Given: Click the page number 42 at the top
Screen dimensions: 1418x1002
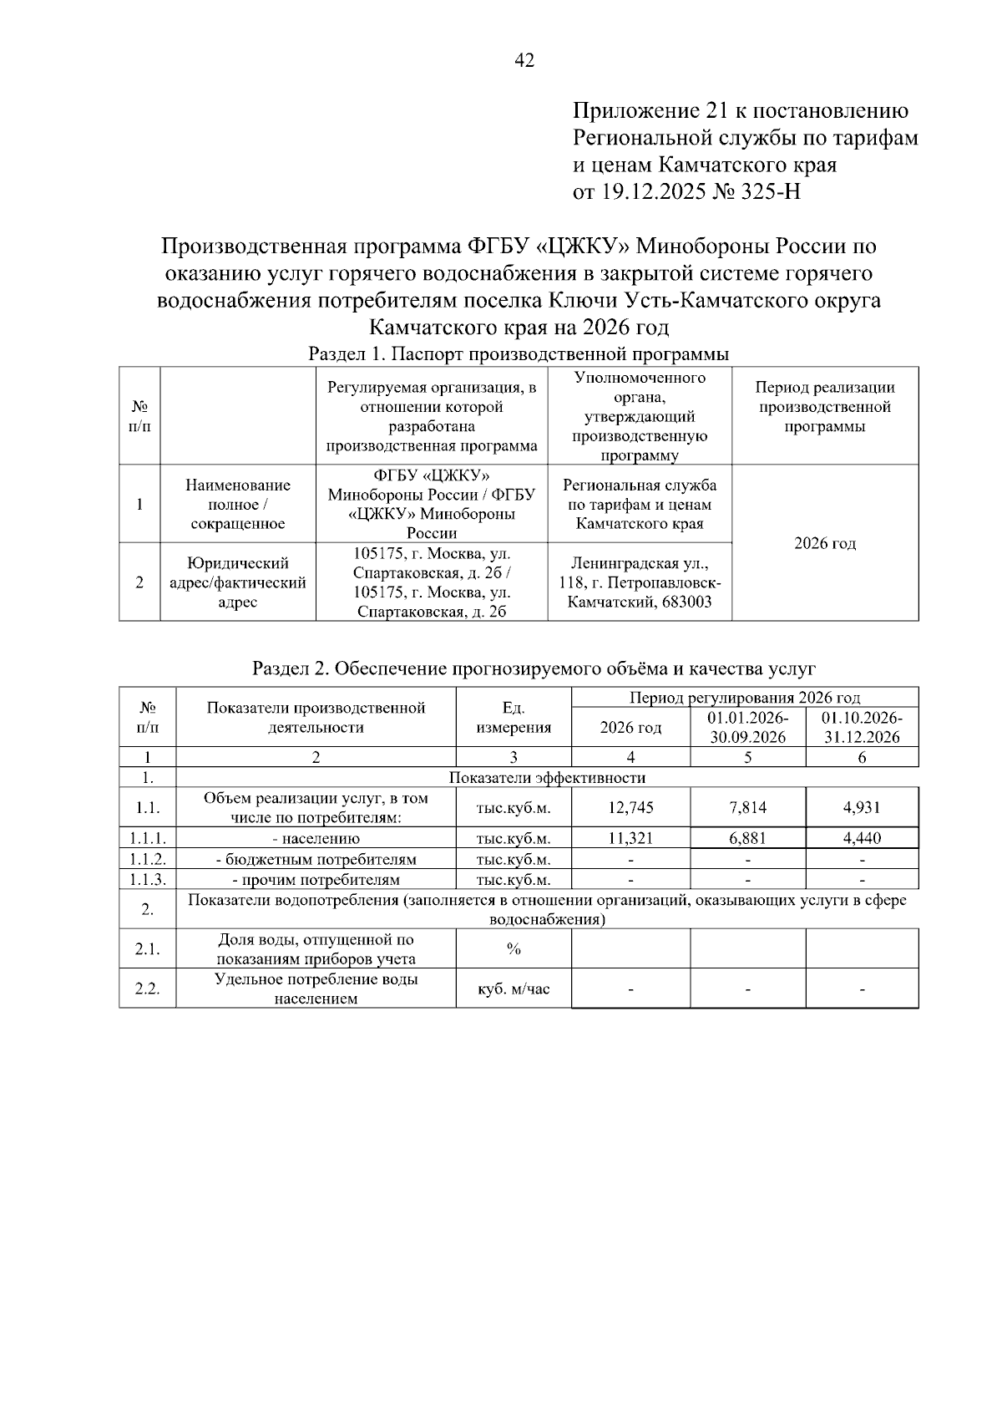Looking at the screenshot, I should [x=525, y=60].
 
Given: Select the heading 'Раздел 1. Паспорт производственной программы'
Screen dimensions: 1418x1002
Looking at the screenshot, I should [x=519, y=354].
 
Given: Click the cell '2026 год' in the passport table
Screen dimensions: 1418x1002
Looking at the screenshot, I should [x=824, y=544].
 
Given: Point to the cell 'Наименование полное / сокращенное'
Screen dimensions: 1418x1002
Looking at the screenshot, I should [x=238, y=505].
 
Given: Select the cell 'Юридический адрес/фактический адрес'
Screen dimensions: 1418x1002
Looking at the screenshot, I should [x=238, y=582].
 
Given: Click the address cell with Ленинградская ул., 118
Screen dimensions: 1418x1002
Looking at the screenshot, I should [x=640, y=582].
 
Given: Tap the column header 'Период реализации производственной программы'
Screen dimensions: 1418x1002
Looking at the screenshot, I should [x=824, y=407].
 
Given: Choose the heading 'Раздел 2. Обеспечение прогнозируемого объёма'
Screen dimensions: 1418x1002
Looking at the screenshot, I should [x=534, y=668].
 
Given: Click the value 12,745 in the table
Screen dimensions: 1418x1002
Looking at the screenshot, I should [x=630, y=808].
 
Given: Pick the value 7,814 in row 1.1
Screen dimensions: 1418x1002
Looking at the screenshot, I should [x=747, y=808].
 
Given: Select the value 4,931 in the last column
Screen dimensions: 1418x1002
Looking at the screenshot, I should [x=862, y=808].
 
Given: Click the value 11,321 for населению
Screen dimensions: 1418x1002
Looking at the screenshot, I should [x=630, y=838].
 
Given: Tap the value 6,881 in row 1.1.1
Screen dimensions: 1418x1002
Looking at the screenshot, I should [x=747, y=838].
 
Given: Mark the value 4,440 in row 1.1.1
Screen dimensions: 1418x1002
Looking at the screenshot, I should [x=862, y=838].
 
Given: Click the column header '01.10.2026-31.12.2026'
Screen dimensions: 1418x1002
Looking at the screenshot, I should [x=862, y=728].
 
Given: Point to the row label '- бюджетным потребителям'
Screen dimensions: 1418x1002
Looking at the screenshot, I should [x=316, y=859].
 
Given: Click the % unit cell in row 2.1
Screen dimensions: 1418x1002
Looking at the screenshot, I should [x=514, y=949].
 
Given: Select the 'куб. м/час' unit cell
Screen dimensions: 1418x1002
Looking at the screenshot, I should [x=514, y=989].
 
